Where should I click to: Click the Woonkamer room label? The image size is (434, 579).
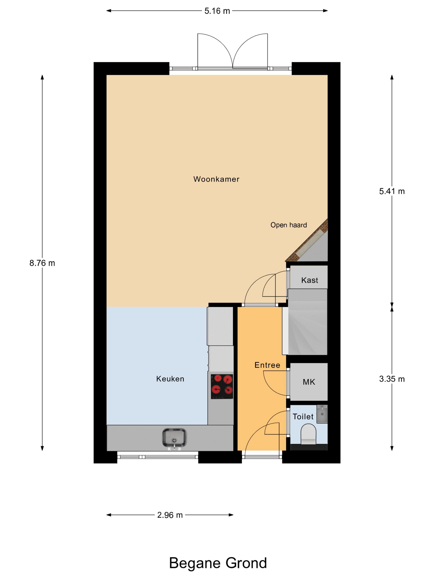point(216,179)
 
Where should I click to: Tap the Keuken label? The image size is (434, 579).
point(170,379)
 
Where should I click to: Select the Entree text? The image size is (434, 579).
point(267,365)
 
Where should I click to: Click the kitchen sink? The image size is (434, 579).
point(174,438)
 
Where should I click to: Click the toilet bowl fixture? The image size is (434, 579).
point(308,434)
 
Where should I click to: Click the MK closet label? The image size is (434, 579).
point(309,382)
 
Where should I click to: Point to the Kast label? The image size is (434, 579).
point(309,280)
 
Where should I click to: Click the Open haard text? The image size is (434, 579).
point(289,225)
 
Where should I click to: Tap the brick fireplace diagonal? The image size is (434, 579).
point(307,241)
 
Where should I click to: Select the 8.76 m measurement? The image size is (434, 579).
point(42,263)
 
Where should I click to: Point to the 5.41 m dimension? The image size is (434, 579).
point(392,191)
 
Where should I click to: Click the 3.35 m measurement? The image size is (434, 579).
point(392,379)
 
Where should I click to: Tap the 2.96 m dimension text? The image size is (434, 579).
point(170,515)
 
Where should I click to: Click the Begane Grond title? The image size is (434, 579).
point(218,563)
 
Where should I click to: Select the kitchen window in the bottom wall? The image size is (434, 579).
point(157,457)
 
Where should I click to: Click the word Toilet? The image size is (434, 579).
point(303,416)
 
